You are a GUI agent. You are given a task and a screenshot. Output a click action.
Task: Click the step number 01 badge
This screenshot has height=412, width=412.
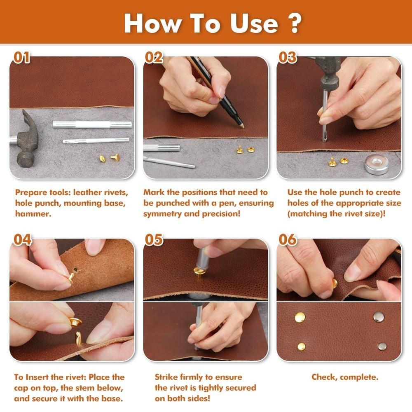coord(22,58)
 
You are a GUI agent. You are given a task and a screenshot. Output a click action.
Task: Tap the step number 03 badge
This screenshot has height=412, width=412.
coord(288,58)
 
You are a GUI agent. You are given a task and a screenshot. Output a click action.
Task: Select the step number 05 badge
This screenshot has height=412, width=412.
coord(154,240)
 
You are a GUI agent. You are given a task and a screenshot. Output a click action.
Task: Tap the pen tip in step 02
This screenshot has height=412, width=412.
coord(241,125)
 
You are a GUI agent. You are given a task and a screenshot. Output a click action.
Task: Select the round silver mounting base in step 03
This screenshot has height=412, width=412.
coord(377,164)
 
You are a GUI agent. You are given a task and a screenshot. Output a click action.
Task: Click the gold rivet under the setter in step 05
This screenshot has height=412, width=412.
coord(200,272)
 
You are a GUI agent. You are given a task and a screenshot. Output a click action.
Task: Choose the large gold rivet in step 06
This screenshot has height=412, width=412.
coord(300,317)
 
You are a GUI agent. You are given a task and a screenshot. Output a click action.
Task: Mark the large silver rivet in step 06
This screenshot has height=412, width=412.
coord(378,316)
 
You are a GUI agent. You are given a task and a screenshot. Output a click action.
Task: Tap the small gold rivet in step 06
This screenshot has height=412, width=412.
coord(302,346)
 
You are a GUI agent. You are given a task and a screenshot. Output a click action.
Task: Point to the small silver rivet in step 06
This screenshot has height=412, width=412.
coord(382,346)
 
